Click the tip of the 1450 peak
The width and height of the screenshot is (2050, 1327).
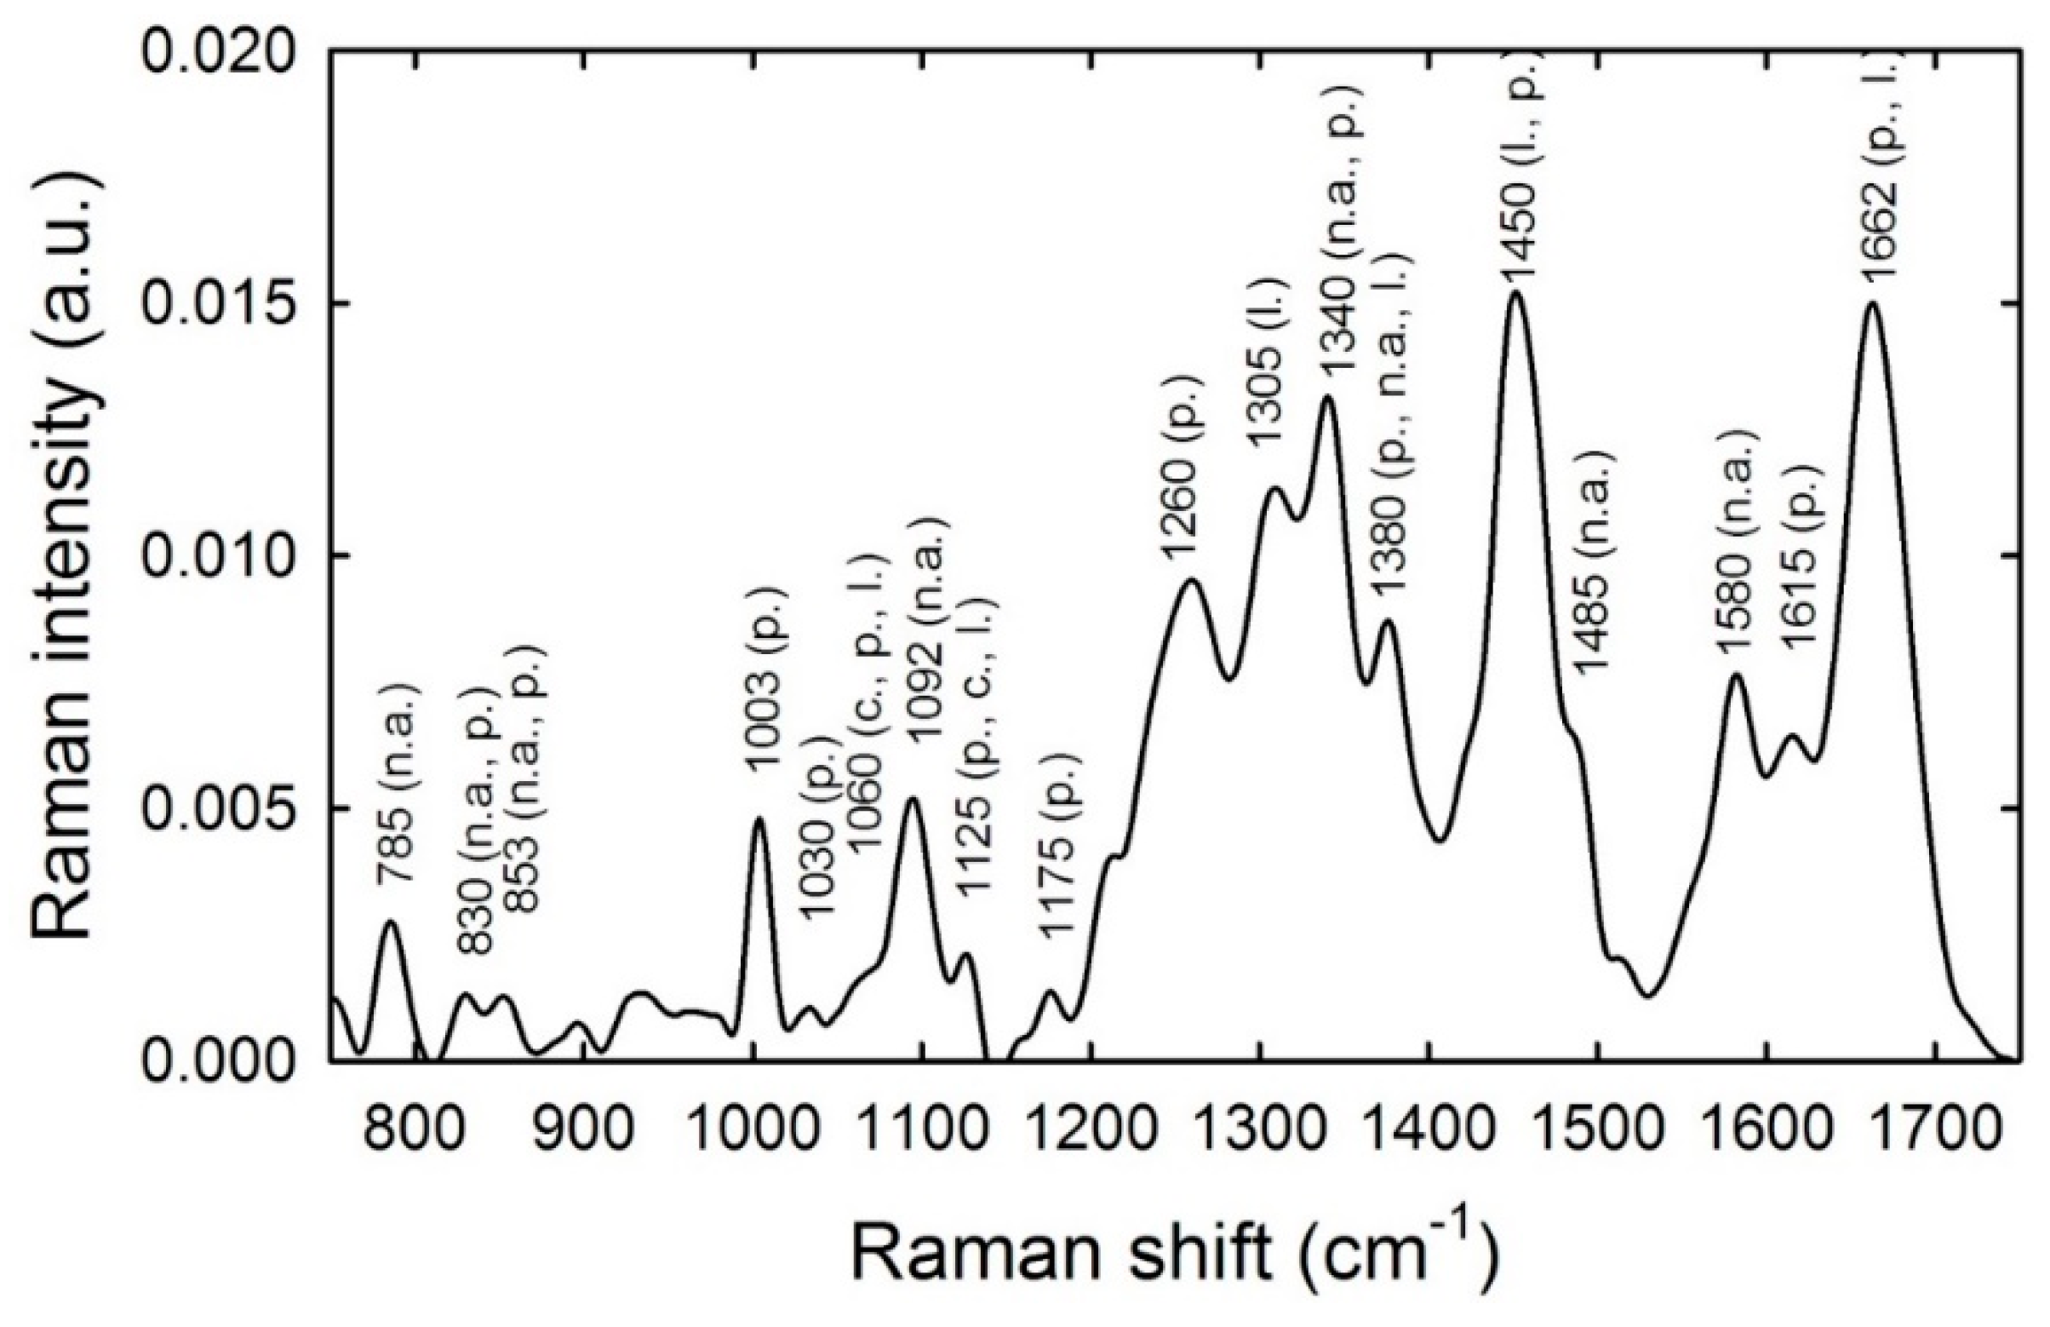coord(1516,293)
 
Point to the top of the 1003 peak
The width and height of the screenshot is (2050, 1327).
coord(759,818)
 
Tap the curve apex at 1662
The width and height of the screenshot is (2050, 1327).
coord(1871,302)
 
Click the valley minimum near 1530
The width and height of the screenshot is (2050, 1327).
coord(1646,997)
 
